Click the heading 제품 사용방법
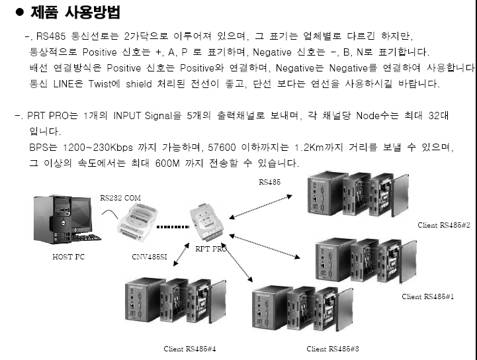[x=75, y=13]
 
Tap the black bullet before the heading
[x=19, y=13]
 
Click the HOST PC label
[x=68, y=257]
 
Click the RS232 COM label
[x=120, y=197]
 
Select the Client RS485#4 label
[x=190, y=348]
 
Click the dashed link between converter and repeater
[x=174, y=226]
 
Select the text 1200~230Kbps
[x=91, y=146]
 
